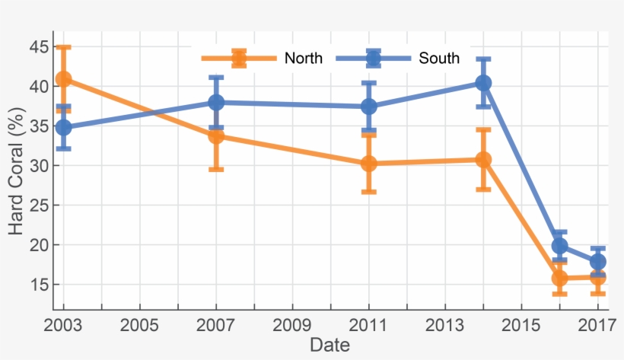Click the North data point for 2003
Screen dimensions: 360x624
point(64,79)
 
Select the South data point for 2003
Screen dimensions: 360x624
point(64,127)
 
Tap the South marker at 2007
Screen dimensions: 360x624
point(217,102)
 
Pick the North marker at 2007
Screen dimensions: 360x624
point(217,136)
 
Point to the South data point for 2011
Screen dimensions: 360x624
point(369,107)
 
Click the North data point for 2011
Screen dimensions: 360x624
point(369,164)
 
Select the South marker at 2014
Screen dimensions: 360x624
point(483,83)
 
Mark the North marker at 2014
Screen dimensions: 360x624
point(483,160)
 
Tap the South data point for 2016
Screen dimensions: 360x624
point(559,246)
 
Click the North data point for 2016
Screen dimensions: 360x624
point(559,278)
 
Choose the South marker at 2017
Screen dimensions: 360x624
point(598,262)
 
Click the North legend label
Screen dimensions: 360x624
point(304,59)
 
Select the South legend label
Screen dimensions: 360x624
point(439,59)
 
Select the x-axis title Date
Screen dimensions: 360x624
point(330,346)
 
